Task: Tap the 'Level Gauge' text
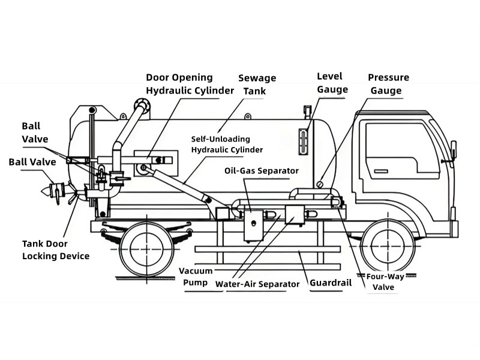332,83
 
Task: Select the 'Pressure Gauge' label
388,84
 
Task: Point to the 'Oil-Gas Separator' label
261,171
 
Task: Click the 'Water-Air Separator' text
257,284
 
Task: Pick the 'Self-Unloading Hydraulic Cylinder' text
227,144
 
